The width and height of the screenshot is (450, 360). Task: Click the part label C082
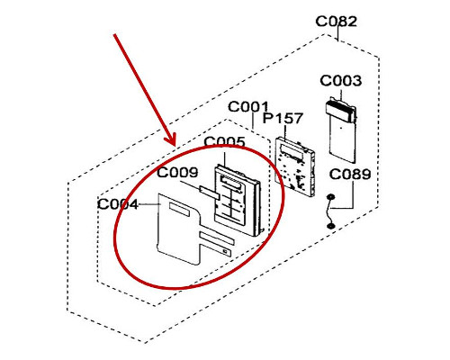[x=336, y=22]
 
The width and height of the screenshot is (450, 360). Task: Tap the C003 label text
[x=340, y=81]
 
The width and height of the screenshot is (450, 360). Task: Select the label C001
[x=248, y=106]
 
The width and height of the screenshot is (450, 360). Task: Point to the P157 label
[x=283, y=118]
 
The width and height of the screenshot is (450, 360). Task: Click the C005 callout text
[x=224, y=142]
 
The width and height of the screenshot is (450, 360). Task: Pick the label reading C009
[x=177, y=172]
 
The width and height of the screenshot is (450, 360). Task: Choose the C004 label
[x=118, y=204]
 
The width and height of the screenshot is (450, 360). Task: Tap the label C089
[x=350, y=174]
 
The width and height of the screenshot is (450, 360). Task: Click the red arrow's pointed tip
[x=175, y=145]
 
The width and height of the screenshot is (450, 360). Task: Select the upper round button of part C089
[x=330, y=197]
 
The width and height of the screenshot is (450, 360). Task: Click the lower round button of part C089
[x=330, y=226]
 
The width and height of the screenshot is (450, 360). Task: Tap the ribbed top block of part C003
[x=341, y=111]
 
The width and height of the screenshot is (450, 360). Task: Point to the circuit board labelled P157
[x=295, y=166]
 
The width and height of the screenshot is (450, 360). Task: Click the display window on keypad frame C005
[x=231, y=183]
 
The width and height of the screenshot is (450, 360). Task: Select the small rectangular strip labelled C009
[x=210, y=192]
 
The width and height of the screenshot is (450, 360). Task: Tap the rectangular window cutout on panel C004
[x=179, y=210]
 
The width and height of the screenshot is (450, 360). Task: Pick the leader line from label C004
[x=149, y=204]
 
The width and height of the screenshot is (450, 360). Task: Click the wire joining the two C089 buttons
[x=329, y=211]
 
